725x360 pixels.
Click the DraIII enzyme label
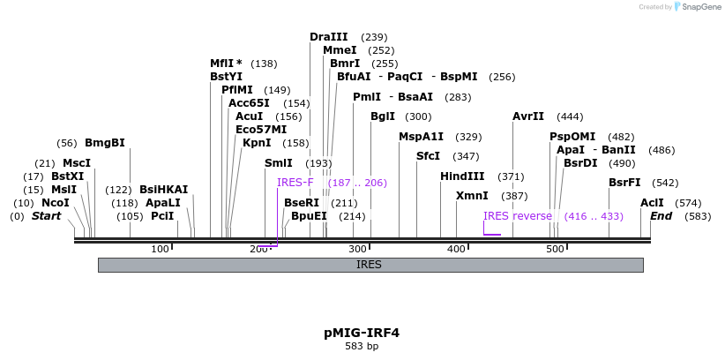click(x=328, y=36)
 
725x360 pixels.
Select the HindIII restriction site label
click(x=462, y=176)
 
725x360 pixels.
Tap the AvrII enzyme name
click(x=528, y=116)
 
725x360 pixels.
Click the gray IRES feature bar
click(x=370, y=265)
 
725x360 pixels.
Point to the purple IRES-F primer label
click(x=295, y=183)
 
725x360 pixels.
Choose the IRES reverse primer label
click(x=518, y=216)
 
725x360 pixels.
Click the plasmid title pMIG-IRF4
click(x=362, y=333)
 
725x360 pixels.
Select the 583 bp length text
click(x=362, y=346)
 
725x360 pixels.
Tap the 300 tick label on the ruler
click(x=357, y=250)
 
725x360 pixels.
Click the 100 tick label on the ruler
click(x=160, y=250)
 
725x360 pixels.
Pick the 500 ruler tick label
click(x=555, y=250)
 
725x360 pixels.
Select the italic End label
click(x=661, y=216)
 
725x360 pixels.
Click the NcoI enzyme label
click(x=55, y=203)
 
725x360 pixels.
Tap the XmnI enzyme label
click(x=472, y=196)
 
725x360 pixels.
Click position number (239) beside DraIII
click(x=375, y=37)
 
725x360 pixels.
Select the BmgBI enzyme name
click(x=105, y=143)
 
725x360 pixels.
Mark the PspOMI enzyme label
click(x=572, y=137)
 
